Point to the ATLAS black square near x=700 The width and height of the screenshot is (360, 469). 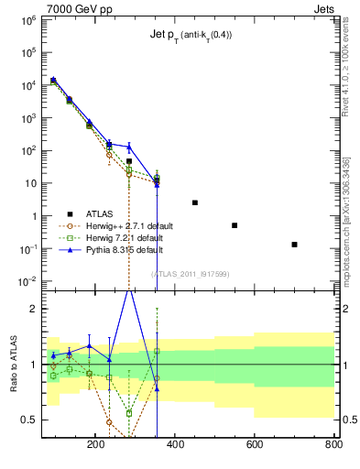tap(294, 245)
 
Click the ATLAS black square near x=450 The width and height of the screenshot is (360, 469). tap(195, 202)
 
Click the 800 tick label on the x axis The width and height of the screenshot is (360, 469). tap(332, 444)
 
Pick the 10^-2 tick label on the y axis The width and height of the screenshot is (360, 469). tap(26, 280)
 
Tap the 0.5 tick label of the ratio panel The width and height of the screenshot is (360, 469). tap(27, 420)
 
